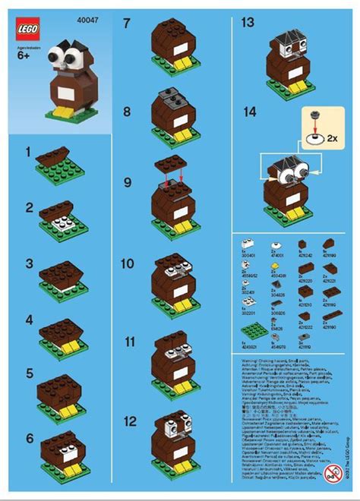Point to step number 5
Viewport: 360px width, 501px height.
tap(29, 373)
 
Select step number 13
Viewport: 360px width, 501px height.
tap(247, 24)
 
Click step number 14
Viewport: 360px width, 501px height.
tap(247, 112)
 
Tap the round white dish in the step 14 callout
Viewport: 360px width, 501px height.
tap(311, 140)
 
